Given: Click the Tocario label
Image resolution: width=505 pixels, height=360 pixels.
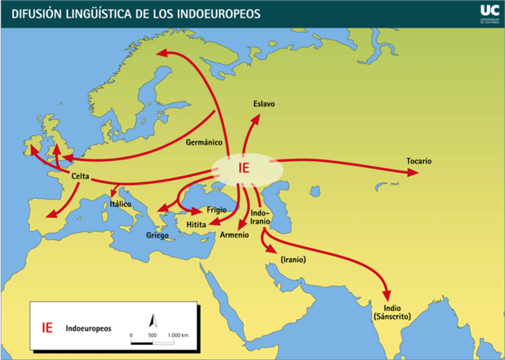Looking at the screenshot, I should coord(419,161).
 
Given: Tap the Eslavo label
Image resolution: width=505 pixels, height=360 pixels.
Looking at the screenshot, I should coord(264,103).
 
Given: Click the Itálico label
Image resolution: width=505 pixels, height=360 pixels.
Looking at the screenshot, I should coord(121,204).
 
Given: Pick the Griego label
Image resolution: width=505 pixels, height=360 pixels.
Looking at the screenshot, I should coord(158,235).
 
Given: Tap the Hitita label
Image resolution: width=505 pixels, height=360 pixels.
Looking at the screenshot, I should coord(196,225).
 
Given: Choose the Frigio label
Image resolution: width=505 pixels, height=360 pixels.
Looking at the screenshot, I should coord(216,210).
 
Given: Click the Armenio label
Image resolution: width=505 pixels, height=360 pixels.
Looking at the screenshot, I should coord(235,234).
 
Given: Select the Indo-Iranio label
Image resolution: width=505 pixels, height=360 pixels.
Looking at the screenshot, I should coord(260,217).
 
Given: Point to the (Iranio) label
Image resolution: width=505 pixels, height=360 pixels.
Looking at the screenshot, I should coord(293,259).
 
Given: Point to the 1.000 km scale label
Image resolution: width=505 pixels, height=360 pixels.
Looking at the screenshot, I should coord(179,336).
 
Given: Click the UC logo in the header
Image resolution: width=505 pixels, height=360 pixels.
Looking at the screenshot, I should coord(488,10).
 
